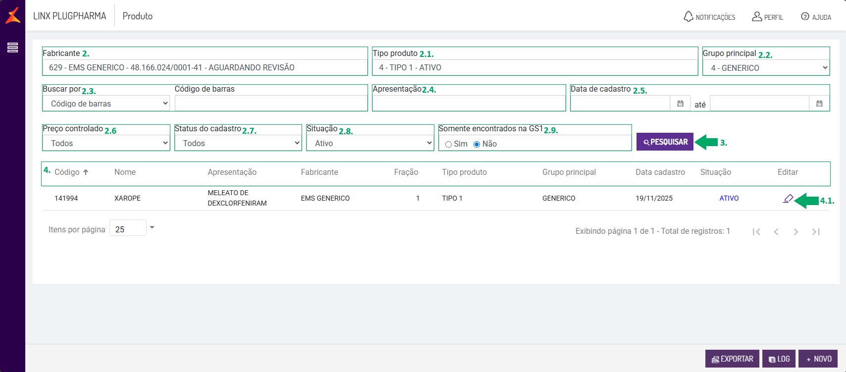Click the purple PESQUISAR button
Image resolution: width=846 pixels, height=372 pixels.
click(x=665, y=142)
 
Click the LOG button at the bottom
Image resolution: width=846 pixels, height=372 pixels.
click(x=779, y=359)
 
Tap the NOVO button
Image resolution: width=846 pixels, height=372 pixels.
click(x=818, y=359)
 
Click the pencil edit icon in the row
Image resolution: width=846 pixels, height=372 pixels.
click(x=788, y=199)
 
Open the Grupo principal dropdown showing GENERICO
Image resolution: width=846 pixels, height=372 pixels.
click(x=766, y=68)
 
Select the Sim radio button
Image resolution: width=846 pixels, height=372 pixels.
click(x=449, y=144)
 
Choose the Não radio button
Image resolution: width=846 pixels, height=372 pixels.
click(x=477, y=144)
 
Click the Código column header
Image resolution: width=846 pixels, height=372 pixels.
click(x=67, y=172)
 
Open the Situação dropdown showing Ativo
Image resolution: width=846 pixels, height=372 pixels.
click(x=370, y=143)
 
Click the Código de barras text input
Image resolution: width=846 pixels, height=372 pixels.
click(x=271, y=104)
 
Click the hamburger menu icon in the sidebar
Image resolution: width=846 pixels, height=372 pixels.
click(x=12, y=48)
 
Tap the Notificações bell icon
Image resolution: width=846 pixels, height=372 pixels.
click(x=688, y=16)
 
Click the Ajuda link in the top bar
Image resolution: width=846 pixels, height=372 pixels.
click(x=816, y=17)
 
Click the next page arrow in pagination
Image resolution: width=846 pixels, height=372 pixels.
click(x=796, y=232)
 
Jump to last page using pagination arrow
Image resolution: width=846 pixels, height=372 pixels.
click(x=816, y=232)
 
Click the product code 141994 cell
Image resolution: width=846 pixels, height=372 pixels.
click(x=66, y=198)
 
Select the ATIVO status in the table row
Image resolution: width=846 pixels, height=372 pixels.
click(x=729, y=198)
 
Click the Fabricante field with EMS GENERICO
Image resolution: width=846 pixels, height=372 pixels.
click(x=205, y=67)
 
